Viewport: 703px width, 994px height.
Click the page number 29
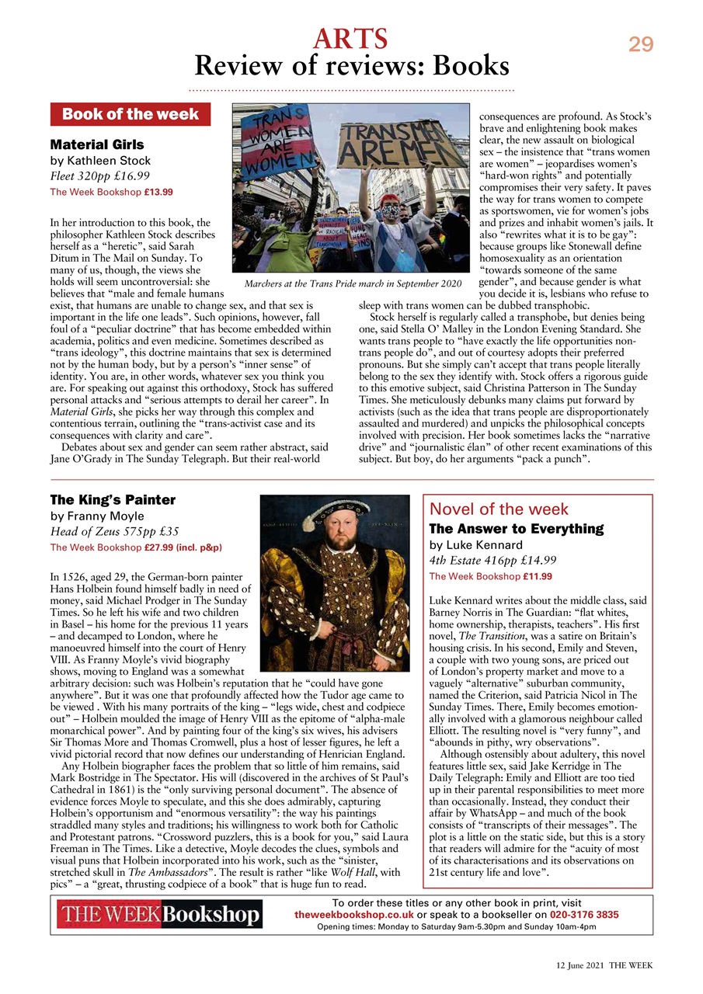click(x=641, y=45)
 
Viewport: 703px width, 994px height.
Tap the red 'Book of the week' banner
click(x=131, y=115)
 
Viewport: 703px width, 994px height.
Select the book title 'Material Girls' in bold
click(x=97, y=144)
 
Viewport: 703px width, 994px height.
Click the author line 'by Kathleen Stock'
click(x=100, y=161)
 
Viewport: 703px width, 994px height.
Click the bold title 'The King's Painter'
click(x=113, y=499)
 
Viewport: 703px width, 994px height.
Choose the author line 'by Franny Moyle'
click(x=97, y=516)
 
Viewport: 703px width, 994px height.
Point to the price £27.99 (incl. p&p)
click(x=183, y=547)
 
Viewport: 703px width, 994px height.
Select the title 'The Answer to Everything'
click(x=516, y=528)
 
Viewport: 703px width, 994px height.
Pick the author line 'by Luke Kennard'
click(x=477, y=544)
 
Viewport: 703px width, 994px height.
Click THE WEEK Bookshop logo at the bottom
click(x=159, y=915)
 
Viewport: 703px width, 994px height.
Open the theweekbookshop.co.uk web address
click(x=353, y=915)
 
